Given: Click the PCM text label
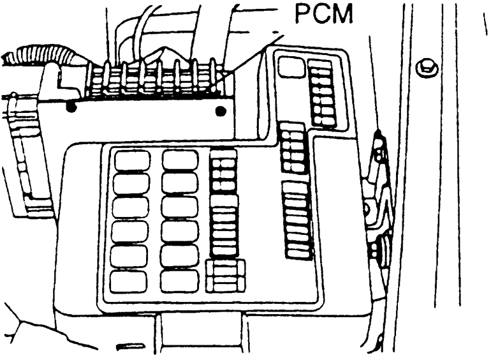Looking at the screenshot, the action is click(323, 14).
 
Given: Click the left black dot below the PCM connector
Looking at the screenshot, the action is click(71, 108).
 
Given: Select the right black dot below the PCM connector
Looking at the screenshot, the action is click(221, 112).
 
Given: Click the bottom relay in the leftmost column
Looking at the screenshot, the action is click(128, 281).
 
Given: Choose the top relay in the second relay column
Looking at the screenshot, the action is click(180, 160).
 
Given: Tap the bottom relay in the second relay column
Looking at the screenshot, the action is click(180, 280).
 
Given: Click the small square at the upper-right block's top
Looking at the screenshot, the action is click(292, 67).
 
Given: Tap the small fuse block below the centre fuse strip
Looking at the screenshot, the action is click(226, 276).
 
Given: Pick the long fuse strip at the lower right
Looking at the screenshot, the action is click(298, 220).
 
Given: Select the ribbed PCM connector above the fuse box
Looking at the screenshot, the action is click(153, 80).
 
